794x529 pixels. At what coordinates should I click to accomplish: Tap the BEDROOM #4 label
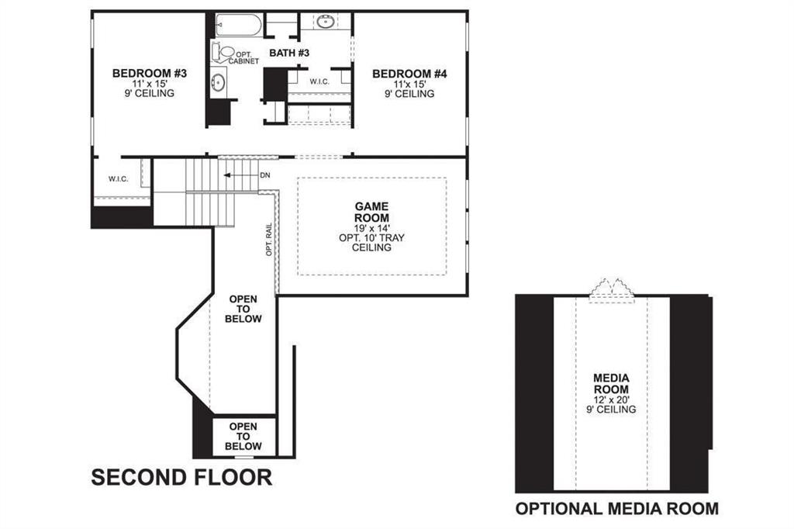point(410,74)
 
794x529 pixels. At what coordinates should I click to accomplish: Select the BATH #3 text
point(289,53)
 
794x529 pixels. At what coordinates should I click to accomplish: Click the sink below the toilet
point(219,81)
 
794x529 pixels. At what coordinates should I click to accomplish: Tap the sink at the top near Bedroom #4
point(326,22)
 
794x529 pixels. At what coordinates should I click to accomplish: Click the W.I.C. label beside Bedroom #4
point(320,81)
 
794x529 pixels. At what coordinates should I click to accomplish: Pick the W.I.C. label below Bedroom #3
point(119,179)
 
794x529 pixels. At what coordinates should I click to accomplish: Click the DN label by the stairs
point(265,175)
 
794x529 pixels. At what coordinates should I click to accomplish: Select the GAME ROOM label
point(371,213)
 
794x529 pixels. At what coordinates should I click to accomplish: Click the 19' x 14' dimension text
point(371,228)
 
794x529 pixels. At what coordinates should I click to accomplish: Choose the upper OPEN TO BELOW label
point(244,309)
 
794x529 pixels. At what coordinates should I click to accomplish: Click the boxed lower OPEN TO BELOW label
point(243,437)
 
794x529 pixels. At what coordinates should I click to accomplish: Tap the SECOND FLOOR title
point(181,477)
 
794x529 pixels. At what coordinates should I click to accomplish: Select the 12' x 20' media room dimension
point(611,399)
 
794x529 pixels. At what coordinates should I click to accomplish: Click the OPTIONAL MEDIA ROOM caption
point(617,509)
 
